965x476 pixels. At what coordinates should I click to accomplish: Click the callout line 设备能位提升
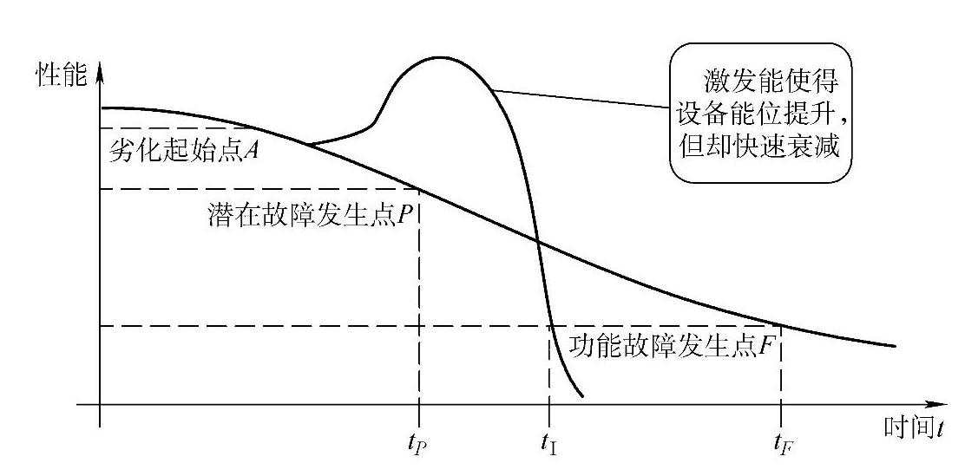(765, 114)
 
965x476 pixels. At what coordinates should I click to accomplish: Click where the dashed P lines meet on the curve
(420, 190)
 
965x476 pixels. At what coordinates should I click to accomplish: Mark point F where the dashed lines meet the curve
(781, 326)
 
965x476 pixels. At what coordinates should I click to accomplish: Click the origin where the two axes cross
(101, 405)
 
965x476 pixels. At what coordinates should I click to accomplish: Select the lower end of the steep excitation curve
(581, 396)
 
